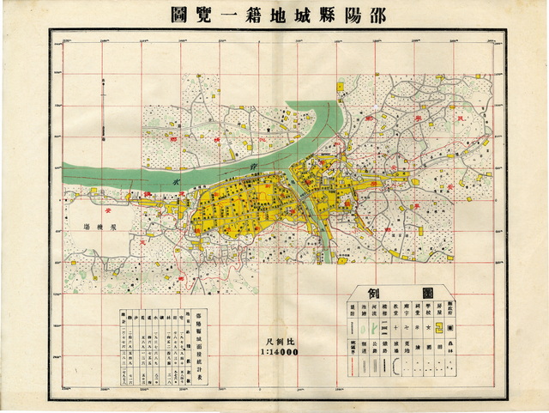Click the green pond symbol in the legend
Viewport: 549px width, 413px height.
coord(371,366)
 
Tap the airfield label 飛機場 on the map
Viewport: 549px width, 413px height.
coord(100,226)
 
